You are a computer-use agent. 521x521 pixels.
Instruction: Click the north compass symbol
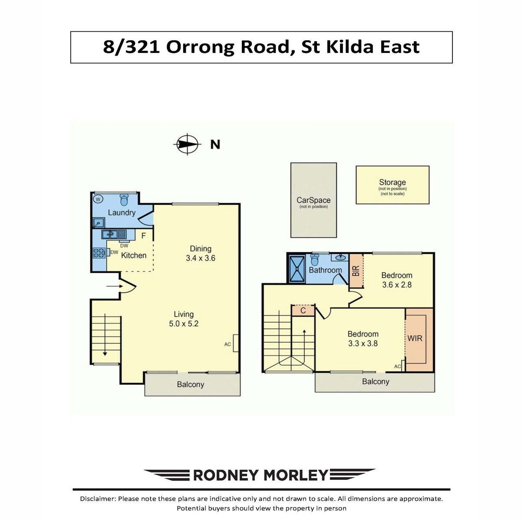coord(187,145)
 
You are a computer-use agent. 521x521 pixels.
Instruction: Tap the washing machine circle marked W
coord(98,200)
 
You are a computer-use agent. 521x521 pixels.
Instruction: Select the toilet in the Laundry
coord(124,200)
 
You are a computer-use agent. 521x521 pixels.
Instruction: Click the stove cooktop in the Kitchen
coord(99,253)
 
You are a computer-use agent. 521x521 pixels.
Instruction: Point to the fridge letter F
coord(144,236)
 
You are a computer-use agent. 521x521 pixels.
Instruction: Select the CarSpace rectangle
coord(313,200)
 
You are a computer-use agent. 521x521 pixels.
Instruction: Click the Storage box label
coord(392,182)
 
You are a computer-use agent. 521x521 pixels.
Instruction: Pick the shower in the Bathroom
coord(297,269)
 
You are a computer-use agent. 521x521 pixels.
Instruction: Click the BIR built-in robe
coord(356,270)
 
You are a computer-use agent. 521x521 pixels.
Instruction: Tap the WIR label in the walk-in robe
coord(415,338)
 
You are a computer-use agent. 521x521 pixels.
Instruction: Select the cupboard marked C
coord(303,311)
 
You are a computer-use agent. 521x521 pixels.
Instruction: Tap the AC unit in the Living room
coord(235,343)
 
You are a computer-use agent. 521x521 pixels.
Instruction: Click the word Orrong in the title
coord(200,47)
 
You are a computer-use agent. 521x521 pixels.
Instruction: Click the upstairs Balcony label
coord(376,382)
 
